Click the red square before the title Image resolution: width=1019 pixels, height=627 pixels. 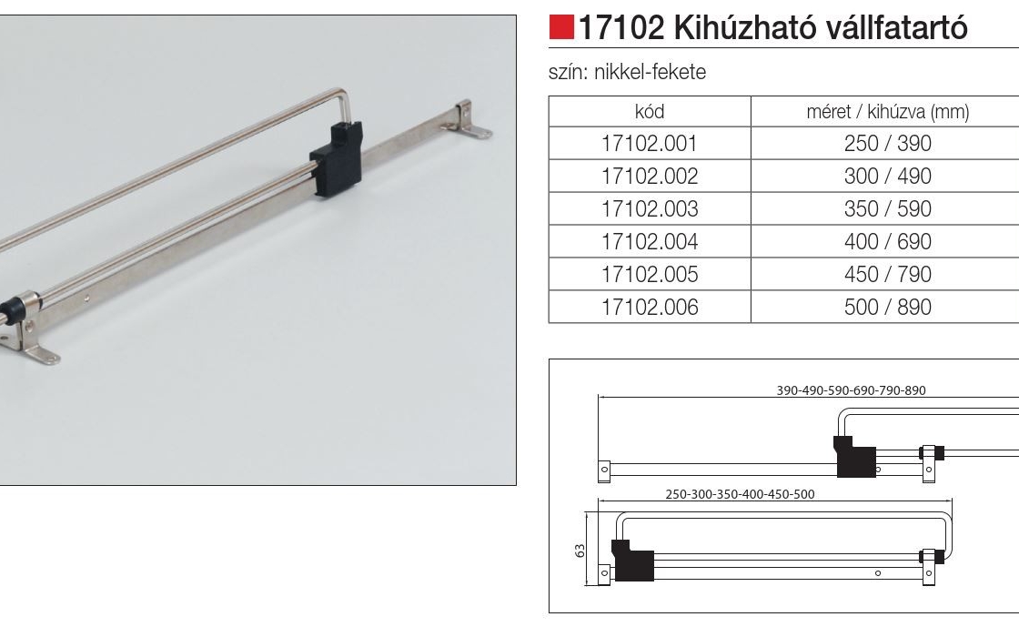point(562,28)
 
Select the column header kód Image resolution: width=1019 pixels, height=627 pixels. point(649,112)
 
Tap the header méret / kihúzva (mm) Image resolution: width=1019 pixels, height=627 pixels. point(887,112)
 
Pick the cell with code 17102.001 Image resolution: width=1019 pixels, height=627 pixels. point(649,144)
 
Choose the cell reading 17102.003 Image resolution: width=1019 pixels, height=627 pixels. point(649,209)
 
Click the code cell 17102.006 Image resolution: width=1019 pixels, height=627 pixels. point(649,308)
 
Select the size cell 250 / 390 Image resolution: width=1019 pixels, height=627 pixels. point(887,144)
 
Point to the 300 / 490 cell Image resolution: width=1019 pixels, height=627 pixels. point(887,177)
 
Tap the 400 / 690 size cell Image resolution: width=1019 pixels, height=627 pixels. point(887,242)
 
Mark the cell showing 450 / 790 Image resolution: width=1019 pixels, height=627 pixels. point(887,275)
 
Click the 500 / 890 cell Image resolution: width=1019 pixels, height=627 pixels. point(887,308)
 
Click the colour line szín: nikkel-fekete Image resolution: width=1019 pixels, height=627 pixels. point(627,73)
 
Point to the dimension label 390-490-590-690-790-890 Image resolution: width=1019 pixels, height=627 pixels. point(851,390)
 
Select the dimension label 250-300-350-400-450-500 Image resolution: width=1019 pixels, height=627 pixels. point(740,494)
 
